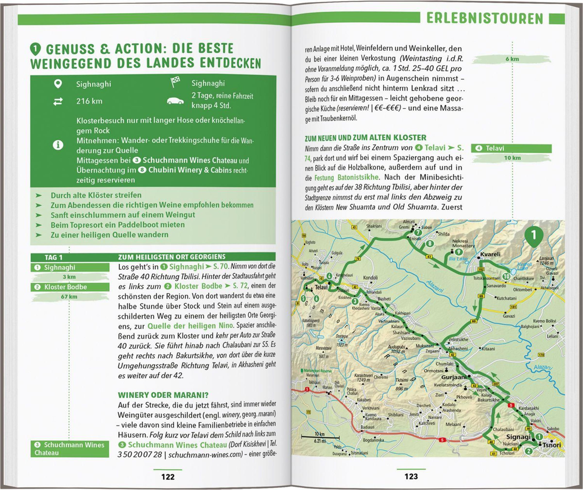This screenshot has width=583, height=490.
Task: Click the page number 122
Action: coord(168,477)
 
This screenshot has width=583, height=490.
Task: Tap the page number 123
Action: coord(411,476)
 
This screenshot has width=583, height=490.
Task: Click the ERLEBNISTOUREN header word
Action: coord(485,19)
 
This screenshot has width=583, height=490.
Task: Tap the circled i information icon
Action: coord(58,145)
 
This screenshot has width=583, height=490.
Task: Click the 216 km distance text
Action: coord(89,101)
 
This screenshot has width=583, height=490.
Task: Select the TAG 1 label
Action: coord(54,257)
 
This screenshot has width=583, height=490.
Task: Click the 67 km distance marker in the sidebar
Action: coord(69,297)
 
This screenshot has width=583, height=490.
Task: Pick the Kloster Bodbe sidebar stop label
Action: coord(66,287)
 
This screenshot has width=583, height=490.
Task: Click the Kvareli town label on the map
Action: coord(490,254)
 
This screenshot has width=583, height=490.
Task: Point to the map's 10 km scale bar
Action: coord(320,438)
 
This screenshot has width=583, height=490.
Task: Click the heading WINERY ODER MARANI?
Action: coord(163,395)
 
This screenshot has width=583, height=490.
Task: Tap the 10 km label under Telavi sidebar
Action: coord(512,158)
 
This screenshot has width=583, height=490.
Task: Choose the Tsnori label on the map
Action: coord(552,445)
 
